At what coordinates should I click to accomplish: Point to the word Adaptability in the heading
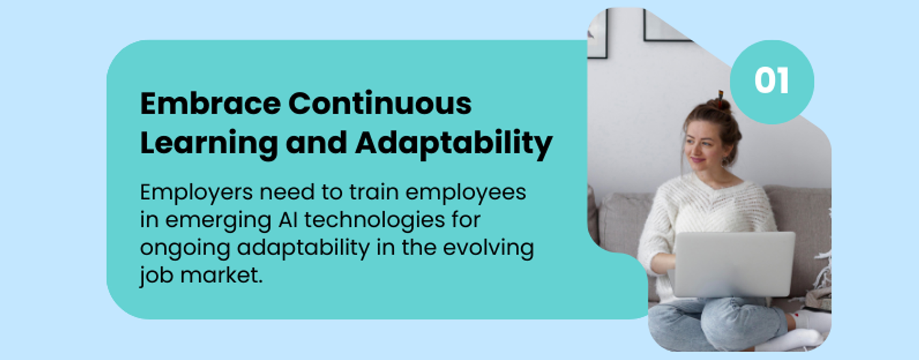[453, 144]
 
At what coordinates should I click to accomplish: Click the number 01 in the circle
[772, 82]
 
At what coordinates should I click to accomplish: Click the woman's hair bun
[720, 104]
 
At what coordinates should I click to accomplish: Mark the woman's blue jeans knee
[678, 320]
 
